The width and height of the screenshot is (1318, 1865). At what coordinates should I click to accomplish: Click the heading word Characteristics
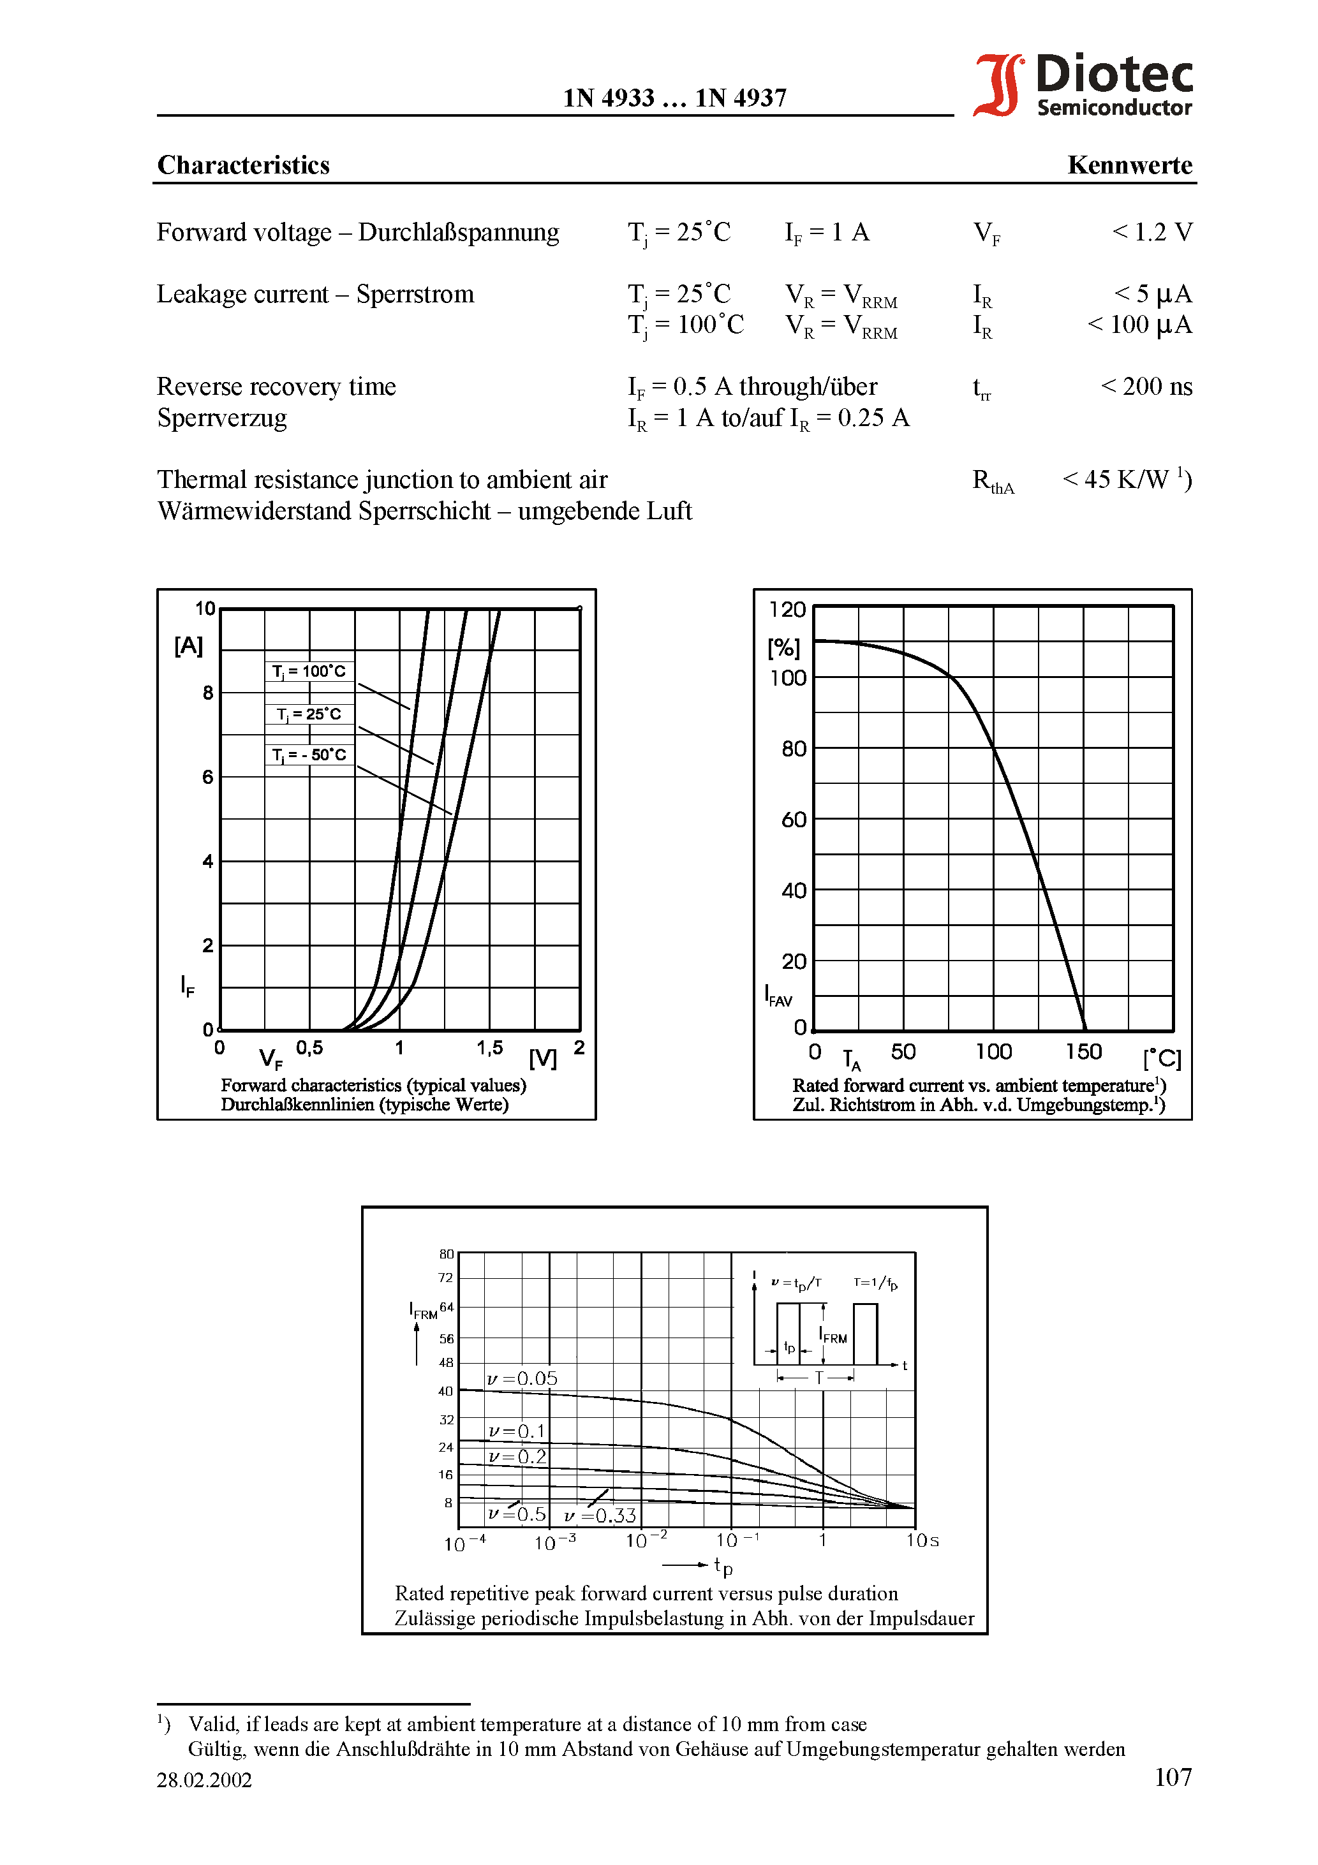click(x=243, y=165)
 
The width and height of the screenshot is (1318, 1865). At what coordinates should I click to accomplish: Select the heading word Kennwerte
click(x=1129, y=165)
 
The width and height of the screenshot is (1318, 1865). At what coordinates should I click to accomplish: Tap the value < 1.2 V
click(x=1151, y=232)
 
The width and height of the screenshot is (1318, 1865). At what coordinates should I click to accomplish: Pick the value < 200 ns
click(x=1146, y=387)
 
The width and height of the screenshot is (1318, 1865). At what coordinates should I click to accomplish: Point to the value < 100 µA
click(x=1139, y=325)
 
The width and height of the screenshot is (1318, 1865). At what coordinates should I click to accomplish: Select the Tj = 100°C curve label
click(x=309, y=672)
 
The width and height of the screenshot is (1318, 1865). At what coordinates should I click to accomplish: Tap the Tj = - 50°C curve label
click(x=309, y=755)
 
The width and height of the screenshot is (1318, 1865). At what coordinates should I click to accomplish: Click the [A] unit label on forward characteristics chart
click(x=189, y=645)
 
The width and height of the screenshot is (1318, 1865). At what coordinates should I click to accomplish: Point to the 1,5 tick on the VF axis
click(x=489, y=1048)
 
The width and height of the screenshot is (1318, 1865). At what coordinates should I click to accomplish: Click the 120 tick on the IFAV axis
click(x=787, y=610)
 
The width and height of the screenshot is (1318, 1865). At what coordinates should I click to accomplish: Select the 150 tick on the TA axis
click(x=1083, y=1052)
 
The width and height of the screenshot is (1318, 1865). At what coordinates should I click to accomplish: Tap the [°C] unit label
click(x=1161, y=1058)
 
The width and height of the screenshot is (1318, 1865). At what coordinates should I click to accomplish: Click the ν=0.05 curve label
click(x=522, y=1379)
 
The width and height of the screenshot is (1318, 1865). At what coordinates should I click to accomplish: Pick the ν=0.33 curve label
click(x=600, y=1515)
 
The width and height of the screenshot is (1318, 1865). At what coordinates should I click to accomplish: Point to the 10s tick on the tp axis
click(x=922, y=1541)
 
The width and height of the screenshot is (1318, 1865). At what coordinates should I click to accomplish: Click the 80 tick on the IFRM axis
click(x=446, y=1254)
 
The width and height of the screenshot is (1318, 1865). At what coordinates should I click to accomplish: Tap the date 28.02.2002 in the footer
click(x=204, y=1780)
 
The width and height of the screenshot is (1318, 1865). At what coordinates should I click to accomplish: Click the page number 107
click(x=1173, y=1777)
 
